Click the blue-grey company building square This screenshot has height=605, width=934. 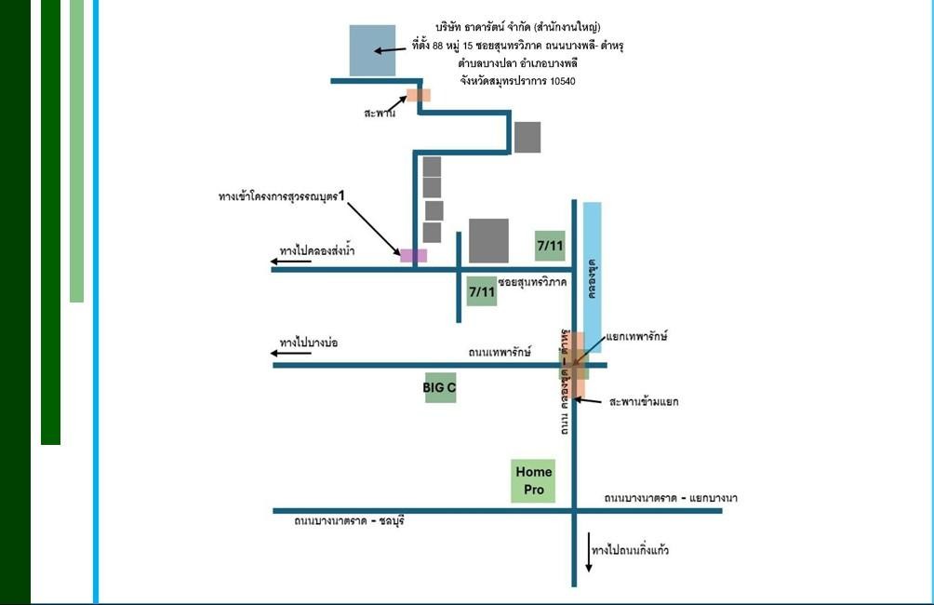point(372,50)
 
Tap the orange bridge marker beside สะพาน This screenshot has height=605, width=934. point(419,94)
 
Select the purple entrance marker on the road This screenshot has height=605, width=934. point(413,255)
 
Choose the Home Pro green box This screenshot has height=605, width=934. point(533,481)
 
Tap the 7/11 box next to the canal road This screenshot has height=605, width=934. point(550,246)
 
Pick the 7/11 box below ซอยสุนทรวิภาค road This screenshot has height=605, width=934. point(482,291)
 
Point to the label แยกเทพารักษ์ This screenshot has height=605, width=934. point(636,335)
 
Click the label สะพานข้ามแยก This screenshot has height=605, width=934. point(644,402)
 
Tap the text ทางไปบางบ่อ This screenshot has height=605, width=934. point(308,343)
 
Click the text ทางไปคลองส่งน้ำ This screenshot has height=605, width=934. point(317,251)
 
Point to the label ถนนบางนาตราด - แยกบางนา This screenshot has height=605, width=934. point(670,499)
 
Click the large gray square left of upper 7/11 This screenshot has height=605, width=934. point(488,241)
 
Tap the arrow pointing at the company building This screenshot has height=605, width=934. point(389,49)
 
